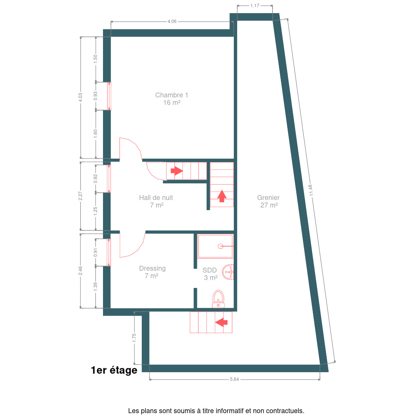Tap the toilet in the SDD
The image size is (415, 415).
click(218, 299)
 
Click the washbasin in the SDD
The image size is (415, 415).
click(228, 272)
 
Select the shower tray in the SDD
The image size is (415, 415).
click(215, 246)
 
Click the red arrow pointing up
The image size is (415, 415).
click(222, 196)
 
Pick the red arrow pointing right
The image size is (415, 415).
click(177, 171)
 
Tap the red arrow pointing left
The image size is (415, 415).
click(221, 322)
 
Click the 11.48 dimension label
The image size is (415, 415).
click(311, 190)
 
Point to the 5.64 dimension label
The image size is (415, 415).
click(234, 379)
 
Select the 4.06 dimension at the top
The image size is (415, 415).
click(172, 21)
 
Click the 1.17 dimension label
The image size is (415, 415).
click(255, 6)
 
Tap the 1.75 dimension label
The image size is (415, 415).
click(134, 338)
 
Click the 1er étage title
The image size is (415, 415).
click(114, 370)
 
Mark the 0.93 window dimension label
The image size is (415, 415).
click(95, 96)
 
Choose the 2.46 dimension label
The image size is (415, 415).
click(80, 271)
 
